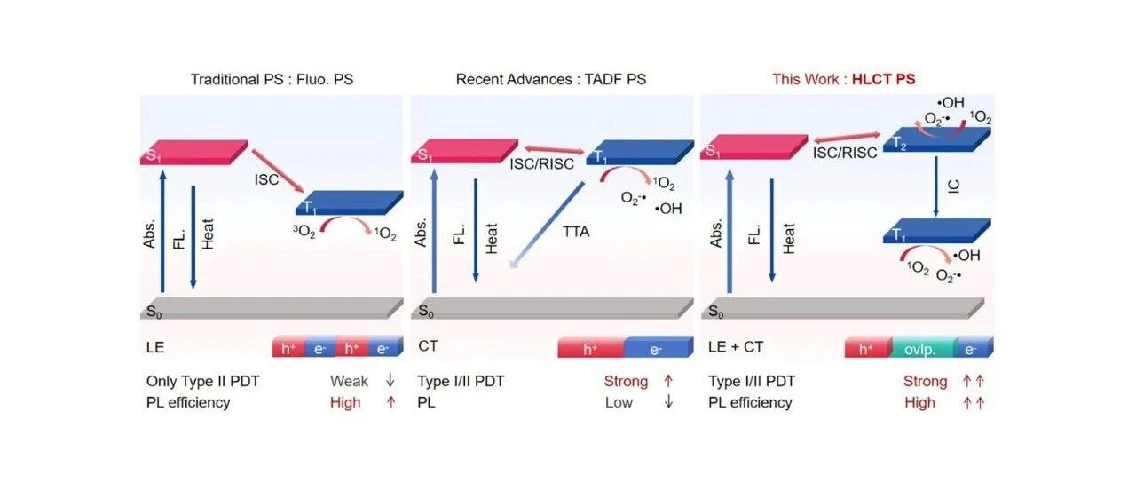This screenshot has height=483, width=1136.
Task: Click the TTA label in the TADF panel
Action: [x=576, y=232]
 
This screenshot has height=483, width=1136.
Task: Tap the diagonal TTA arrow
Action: [x=548, y=225]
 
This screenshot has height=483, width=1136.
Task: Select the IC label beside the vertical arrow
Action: [x=953, y=186]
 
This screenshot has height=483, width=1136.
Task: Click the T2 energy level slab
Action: [x=936, y=139]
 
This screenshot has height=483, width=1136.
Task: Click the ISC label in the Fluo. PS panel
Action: [x=267, y=179]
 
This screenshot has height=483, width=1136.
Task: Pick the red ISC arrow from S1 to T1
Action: [x=278, y=171]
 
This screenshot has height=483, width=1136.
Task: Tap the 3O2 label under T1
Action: [x=304, y=232]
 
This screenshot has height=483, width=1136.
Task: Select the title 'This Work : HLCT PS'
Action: [x=843, y=79]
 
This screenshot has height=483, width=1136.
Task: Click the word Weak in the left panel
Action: [x=349, y=381]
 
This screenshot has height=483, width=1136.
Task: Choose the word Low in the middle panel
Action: [x=619, y=402]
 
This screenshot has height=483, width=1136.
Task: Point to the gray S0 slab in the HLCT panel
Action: [x=843, y=308]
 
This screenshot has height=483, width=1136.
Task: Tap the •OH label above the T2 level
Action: [x=951, y=102]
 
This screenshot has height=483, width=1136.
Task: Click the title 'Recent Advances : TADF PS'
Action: [x=551, y=79]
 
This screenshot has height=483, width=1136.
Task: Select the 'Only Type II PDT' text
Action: [x=203, y=381]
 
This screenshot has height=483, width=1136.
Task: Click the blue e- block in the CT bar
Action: [x=659, y=347]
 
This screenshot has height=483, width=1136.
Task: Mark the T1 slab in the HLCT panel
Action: [x=936, y=231]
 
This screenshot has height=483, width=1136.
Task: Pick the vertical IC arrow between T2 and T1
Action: [x=936, y=186]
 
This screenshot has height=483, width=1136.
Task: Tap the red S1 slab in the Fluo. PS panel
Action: [x=193, y=152]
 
